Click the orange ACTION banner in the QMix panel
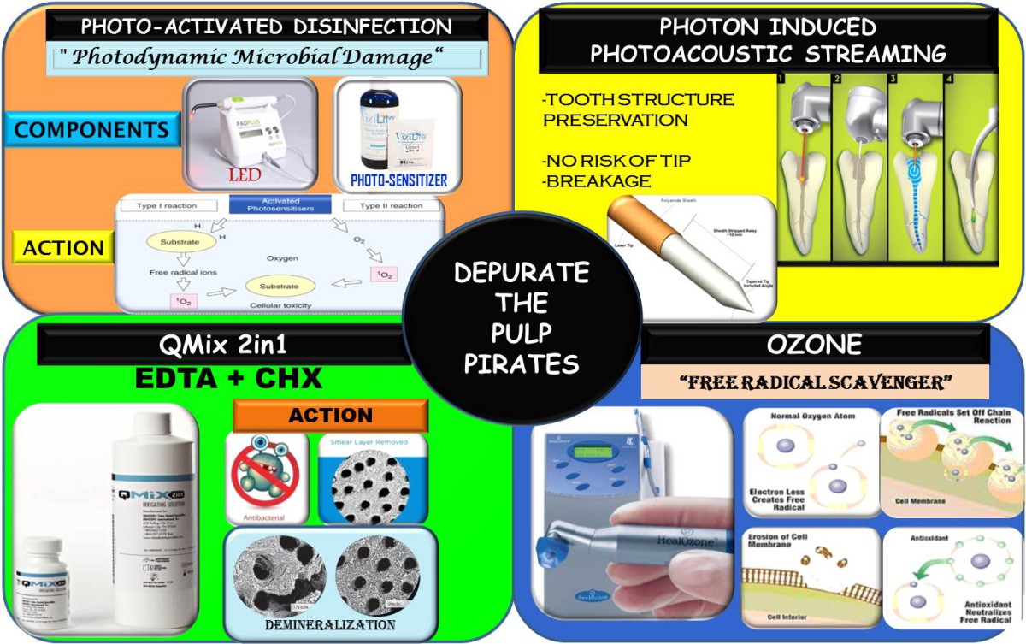[330, 416]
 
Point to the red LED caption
[245, 174]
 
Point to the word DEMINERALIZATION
[329, 626]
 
